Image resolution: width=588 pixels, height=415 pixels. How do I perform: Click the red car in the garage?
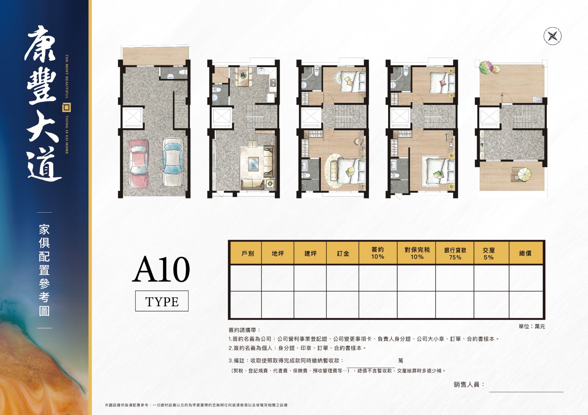point(139,164)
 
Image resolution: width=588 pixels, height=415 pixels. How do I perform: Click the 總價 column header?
point(525,253)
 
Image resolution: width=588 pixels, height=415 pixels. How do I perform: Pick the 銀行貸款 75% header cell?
point(455,253)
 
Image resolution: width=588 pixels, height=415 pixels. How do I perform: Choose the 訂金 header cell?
point(343,253)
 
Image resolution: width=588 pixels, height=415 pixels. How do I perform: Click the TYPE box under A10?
point(162,301)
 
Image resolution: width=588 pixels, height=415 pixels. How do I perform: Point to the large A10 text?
point(161,269)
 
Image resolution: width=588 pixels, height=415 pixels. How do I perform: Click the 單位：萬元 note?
point(532,326)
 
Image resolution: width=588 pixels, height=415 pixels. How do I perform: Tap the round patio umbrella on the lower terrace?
point(524,174)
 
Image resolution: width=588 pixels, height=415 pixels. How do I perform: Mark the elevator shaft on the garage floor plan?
point(133,118)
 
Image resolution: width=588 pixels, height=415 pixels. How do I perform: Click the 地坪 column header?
point(278,253)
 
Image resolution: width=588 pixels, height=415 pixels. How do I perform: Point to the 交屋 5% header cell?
point(488,253)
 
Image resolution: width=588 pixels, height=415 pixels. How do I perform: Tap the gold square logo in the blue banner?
point(67,107)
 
